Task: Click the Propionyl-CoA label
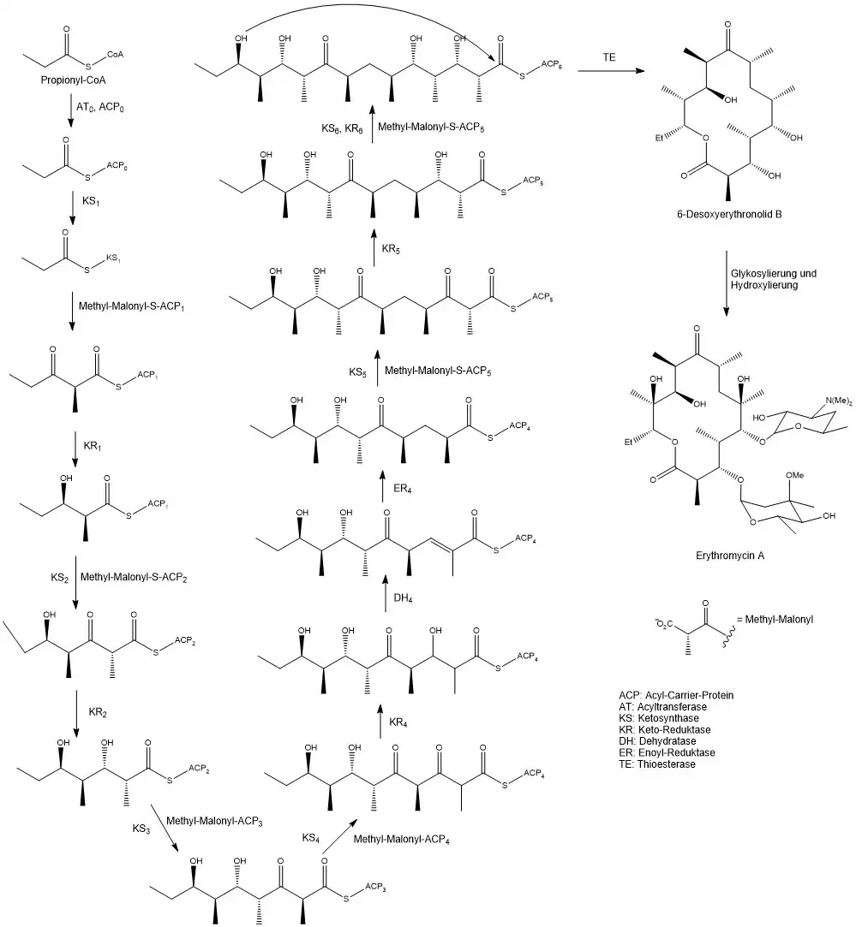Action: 73,80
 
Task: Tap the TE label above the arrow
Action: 610,56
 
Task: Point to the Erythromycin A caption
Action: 730,556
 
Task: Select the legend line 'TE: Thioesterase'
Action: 656,764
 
